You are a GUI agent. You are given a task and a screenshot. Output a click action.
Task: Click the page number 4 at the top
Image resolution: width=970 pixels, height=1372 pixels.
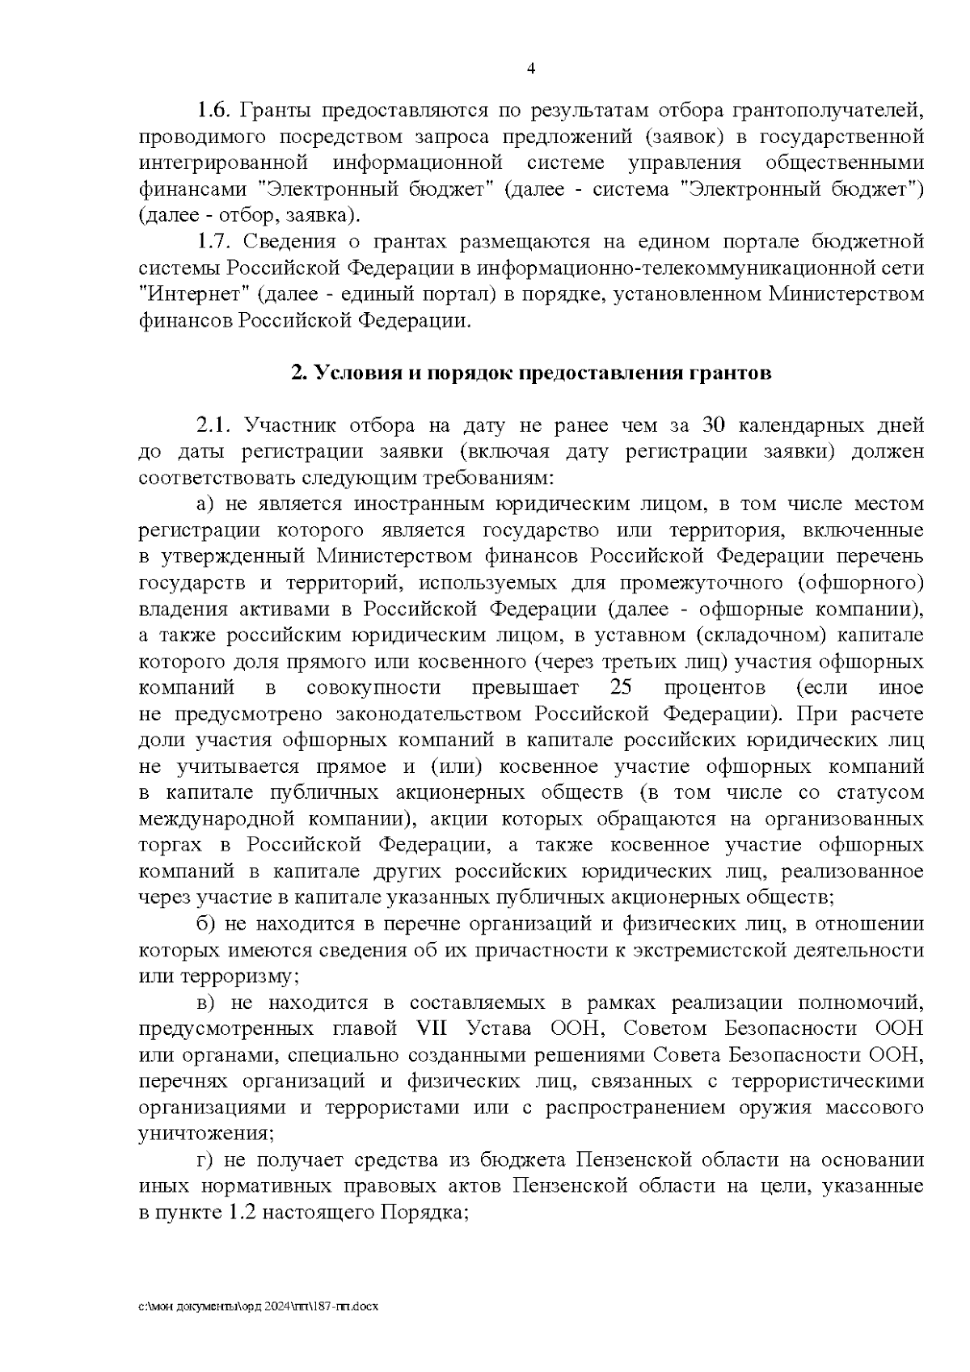[x=530, y=69]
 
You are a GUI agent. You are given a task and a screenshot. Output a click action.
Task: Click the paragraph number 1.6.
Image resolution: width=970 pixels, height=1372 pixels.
[x=215, y=110]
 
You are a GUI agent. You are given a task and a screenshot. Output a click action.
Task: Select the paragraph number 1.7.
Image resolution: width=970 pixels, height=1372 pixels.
[x=215, y=242]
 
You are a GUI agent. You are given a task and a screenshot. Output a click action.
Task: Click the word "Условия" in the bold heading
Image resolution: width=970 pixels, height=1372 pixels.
[x=352, y=373]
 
